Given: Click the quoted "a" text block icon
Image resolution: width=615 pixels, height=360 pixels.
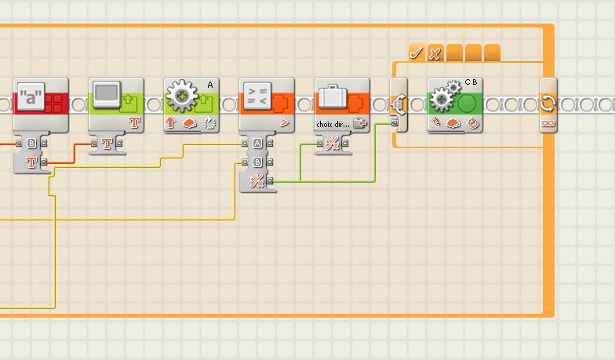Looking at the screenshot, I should tap(30, 98).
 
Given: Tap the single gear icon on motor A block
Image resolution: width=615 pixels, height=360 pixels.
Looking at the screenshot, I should tap(182, 99).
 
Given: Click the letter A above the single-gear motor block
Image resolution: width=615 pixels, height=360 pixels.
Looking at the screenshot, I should tap(210, 84).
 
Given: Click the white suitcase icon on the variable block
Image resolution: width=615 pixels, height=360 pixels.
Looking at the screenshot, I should tap(332, 98).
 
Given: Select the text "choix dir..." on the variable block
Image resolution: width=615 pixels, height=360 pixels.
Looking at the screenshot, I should tap(333, 123).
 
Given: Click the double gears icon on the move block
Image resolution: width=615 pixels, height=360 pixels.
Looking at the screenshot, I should tap(443, 98).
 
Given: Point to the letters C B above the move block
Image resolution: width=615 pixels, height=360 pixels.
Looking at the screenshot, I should tap(471, 82).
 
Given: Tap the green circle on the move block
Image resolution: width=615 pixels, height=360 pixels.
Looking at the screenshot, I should tap(468, 103).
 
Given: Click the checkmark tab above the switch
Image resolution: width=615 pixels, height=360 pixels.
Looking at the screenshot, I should tap(417, 53).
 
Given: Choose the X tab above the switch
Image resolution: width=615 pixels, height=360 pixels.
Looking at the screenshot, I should tap(435, 53).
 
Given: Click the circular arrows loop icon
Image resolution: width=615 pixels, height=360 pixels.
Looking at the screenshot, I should tap(548, 104).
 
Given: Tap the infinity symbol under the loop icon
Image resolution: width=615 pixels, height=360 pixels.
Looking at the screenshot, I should tap(548, 123).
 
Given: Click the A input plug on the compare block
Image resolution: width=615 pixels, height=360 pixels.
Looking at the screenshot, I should tap(258, 144).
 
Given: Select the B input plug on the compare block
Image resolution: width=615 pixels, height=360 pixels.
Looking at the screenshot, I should tap(258, 162).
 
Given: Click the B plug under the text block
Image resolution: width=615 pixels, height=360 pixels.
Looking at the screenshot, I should tap(32, 144).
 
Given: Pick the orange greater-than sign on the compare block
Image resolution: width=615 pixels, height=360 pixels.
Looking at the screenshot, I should tap(284, 123).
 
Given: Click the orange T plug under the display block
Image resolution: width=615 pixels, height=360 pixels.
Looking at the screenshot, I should tap(107, 144).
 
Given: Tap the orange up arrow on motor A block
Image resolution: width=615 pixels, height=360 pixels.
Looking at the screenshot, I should tap(171, 123).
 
